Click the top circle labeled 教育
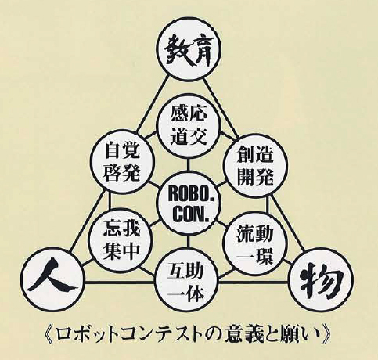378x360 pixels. [x=189, y=50]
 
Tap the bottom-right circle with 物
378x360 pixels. [x=322, y=280]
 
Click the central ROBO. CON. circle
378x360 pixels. [x=189, y=205]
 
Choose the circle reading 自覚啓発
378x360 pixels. [x=121, y=161]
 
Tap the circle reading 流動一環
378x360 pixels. [x=255, y=243]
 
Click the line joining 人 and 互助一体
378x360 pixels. [x=120, y=283]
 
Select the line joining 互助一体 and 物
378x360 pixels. [x=254, y=283]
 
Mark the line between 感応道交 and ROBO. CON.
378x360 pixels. [x=187, y=167]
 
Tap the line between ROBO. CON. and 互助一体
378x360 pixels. [x=187, y=243]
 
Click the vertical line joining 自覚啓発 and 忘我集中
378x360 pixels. [x=110, y=200]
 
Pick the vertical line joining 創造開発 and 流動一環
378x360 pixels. [x=268, y=205]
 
